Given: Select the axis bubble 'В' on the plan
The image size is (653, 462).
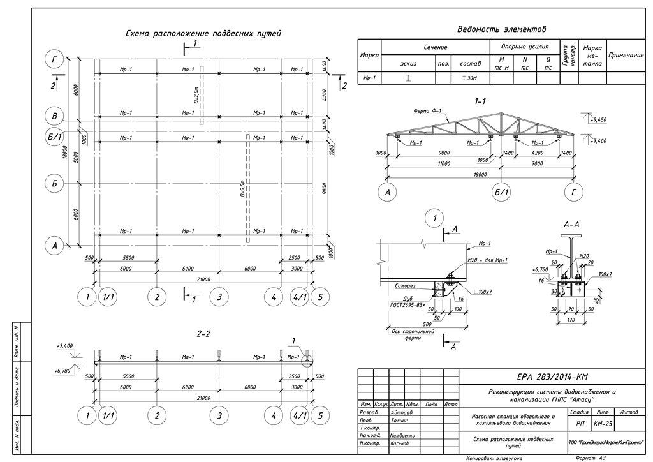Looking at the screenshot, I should point(55,116).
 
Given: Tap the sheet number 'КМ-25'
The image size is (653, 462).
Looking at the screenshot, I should point(602,423).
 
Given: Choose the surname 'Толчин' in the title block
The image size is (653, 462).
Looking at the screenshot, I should point(399,421).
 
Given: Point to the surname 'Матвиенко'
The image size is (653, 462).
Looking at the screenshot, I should point(402,435).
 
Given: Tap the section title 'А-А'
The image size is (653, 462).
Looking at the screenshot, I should point(571,225).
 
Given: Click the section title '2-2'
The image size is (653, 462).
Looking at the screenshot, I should point(203,333).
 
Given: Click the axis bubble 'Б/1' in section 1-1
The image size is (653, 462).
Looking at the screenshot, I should point(501,191).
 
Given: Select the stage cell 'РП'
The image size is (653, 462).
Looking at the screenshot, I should point(580,423).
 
